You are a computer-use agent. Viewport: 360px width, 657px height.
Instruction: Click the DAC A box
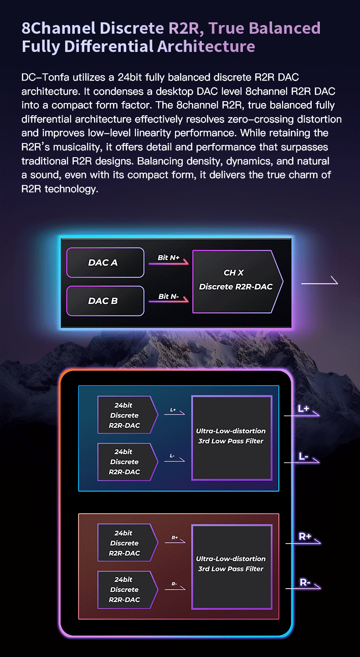(105, 262)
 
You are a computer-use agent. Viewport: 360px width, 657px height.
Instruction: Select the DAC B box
(105, 301)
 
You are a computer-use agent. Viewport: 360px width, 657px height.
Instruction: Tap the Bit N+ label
(169, 257)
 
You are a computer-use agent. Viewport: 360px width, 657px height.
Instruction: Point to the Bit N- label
(169, 297)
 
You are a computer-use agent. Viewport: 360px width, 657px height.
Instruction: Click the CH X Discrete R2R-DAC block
(236, 282)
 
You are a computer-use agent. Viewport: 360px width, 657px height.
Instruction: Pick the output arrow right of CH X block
(319, 282)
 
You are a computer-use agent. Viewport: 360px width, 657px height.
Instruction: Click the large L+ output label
(303, 408)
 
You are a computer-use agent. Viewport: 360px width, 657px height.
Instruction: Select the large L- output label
(303, 457)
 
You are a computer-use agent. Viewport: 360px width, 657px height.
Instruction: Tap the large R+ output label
(305, 536)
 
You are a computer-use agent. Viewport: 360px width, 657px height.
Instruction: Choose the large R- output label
(305, 582)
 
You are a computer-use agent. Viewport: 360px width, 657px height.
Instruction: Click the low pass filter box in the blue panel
(232, 438)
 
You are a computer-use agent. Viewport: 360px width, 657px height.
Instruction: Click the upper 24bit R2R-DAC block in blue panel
(128, 415)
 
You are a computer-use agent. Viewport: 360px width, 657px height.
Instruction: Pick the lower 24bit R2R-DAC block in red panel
(128, 590)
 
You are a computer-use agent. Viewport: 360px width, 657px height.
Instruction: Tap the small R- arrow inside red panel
(175, 588)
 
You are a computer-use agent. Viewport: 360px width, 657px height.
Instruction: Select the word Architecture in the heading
(206, 46)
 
